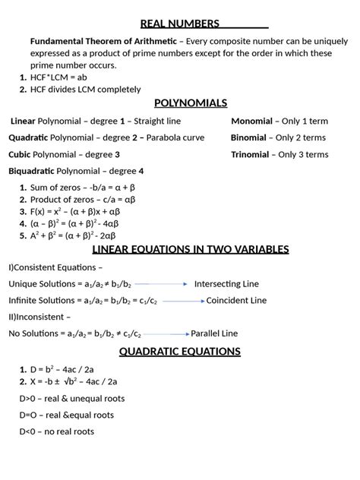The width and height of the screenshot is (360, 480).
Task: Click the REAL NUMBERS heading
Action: coord(180,24)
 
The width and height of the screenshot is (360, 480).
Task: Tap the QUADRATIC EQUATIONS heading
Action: coord(179,351)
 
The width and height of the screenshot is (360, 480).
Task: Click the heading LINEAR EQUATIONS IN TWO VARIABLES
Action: coord(190,249)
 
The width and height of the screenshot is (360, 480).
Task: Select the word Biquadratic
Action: coord(31,171)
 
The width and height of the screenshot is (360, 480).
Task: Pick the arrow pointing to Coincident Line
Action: coord(182,301)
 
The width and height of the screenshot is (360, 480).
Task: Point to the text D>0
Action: coord(29,399)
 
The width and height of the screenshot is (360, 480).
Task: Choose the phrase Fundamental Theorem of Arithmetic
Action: coord(103,40)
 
